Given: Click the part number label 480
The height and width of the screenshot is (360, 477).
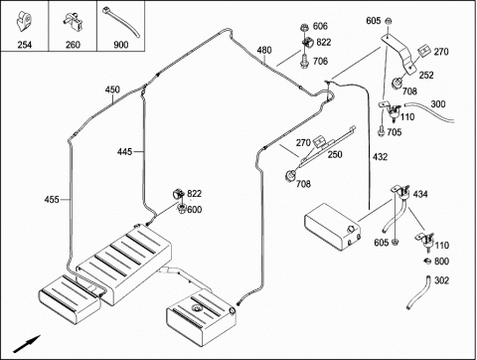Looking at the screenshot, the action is pos(264,51).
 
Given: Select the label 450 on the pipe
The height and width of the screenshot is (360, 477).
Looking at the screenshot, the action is pos(112,90).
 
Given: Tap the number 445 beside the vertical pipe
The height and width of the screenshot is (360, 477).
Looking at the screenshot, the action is pos(124,152).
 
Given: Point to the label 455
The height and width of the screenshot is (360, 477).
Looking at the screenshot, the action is pos(52,200).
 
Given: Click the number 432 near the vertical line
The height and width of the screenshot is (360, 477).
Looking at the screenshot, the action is pos(380,157).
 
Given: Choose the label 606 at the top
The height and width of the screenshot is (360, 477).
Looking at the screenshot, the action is pos(320,26).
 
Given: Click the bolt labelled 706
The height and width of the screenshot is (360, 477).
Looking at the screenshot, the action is pos(304,62).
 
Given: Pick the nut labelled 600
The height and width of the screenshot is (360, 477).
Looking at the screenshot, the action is pos(181,209).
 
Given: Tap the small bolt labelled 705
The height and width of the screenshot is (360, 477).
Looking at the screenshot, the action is pos(381,130).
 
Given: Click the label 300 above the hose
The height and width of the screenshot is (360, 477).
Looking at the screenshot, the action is pos(438,104).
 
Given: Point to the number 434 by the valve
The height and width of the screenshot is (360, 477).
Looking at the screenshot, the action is pos(420,194).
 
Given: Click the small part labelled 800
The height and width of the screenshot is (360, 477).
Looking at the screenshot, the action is pos(427,261).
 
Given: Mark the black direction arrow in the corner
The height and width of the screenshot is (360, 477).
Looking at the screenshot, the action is pos(27,344).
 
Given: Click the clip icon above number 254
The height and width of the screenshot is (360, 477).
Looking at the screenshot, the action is pos(24,21).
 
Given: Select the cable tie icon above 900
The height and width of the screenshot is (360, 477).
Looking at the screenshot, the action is pos(121,22).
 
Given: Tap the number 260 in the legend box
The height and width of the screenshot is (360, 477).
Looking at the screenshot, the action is pos(73,45).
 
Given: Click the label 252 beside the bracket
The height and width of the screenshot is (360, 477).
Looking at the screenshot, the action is pos(426,76).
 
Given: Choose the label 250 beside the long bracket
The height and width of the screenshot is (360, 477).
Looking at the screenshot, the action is pos(335,154).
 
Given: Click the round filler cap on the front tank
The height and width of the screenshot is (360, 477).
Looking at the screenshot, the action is pos(196,309).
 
